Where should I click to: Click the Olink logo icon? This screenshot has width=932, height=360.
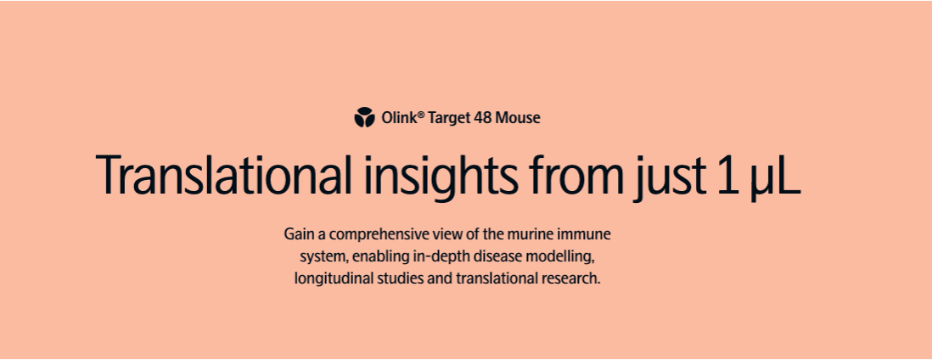click(364, 117)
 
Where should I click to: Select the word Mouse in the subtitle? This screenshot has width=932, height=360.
click(517, 118)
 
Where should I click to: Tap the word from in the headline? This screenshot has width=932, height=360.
click(574, 175)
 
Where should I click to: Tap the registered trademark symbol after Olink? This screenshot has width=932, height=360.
click(421, 114)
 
